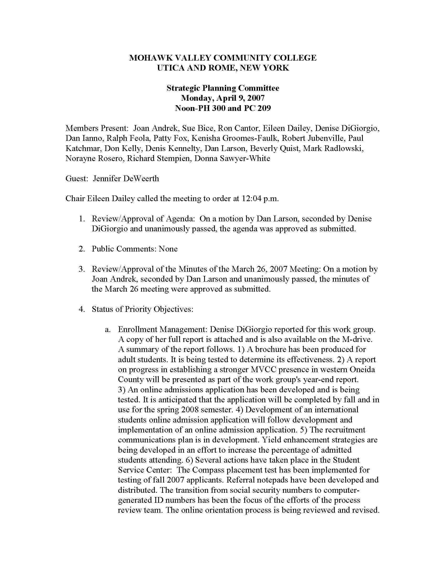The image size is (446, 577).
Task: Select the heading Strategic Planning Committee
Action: coord(223,88)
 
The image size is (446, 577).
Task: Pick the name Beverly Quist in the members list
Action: coord(274,148)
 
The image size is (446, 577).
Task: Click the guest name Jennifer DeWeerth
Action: coord(126,178)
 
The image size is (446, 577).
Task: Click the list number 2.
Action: coord(81,249)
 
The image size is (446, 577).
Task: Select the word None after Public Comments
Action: coord(168,249)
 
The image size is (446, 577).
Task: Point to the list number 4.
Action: coord(81,309)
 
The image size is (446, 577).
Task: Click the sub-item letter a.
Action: coord(107,329)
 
